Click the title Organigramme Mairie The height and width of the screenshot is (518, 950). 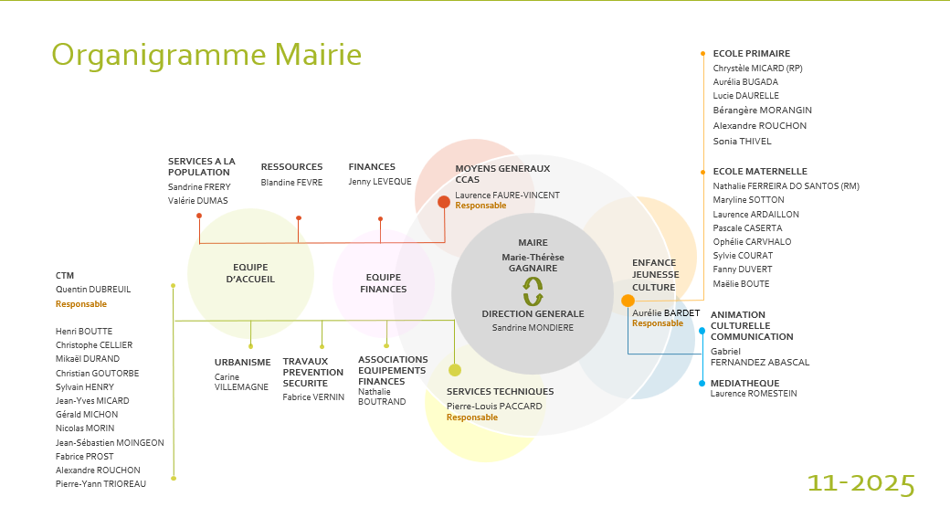(x=206, y=55)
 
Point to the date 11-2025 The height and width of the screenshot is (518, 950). (x=860, y=483)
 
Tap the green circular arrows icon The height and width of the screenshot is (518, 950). (x=533, y=291)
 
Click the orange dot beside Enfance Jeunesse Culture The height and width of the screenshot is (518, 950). (x=628, y=301)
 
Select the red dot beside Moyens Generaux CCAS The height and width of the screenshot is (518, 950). (x=444, y=202)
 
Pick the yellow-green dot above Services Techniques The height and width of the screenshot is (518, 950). (x=455, y=370)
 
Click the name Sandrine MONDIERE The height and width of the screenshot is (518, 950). (x=533, y=327)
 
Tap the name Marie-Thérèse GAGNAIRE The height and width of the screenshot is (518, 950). (x=533, y=262)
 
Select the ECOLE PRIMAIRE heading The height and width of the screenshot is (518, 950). (x=751, y=54)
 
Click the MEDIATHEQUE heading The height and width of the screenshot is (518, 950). (x=744, y=384)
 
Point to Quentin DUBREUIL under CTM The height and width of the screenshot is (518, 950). (x=93, y=290)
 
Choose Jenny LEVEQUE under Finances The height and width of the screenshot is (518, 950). (x=380, y=182)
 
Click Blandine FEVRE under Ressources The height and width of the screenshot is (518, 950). (x=291, y=182)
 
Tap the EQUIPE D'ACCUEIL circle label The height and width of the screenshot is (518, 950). (x=250, y=273)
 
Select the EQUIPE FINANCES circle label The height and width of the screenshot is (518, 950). (x=384, y=283)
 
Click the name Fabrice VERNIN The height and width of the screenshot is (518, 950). (x=313, y=397)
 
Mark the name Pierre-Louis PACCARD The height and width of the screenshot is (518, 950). (x=494, y=407)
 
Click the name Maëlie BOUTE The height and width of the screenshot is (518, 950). (x=741, y=284)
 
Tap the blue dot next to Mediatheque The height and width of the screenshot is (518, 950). (x=702, y=383)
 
